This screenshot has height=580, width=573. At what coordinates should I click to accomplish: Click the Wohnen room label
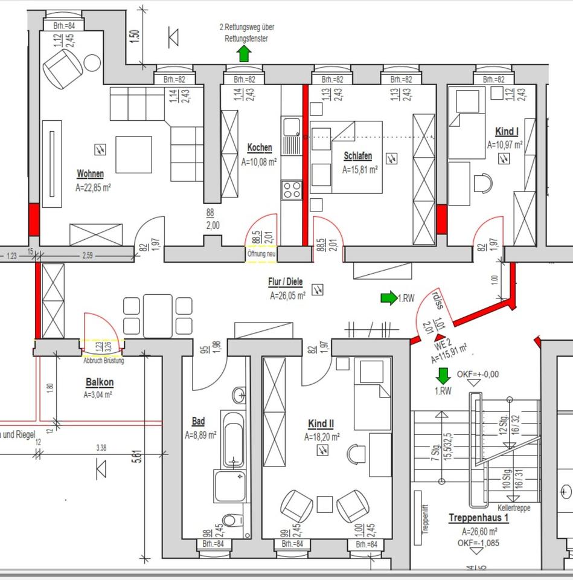[90, 174]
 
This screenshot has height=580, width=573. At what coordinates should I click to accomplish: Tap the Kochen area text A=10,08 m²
[259, 162]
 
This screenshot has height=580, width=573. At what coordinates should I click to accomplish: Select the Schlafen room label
[357, 156]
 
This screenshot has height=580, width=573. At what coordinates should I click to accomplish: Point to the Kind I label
[506, 131]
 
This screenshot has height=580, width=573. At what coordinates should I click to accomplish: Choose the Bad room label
[198, 421]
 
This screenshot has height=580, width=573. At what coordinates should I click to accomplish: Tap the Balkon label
[100, 382]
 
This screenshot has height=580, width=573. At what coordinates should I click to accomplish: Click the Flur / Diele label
[286, 282]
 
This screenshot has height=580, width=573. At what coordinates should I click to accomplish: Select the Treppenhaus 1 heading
[479, 518]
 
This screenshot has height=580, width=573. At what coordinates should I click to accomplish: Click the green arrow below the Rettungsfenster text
[243, 54]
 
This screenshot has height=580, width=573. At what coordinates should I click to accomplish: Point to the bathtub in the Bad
[233, 437]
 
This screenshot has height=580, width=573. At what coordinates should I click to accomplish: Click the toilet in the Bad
[230, 520]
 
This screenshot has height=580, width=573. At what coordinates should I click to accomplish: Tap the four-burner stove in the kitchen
[292, 189]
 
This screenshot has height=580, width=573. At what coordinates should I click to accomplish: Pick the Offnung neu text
[261, 254]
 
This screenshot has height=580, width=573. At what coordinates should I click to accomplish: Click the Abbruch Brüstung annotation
[104, 361]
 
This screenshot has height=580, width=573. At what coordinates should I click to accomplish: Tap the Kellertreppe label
[513, 508]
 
